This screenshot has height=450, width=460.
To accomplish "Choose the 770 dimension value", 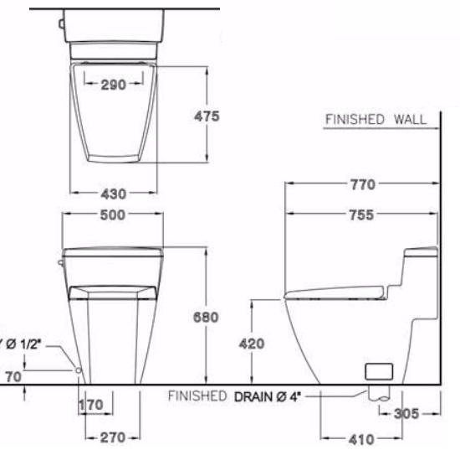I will (360, 184).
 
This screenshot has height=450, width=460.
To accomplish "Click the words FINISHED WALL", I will (375, 119).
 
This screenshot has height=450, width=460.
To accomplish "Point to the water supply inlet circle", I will (78, 370).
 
